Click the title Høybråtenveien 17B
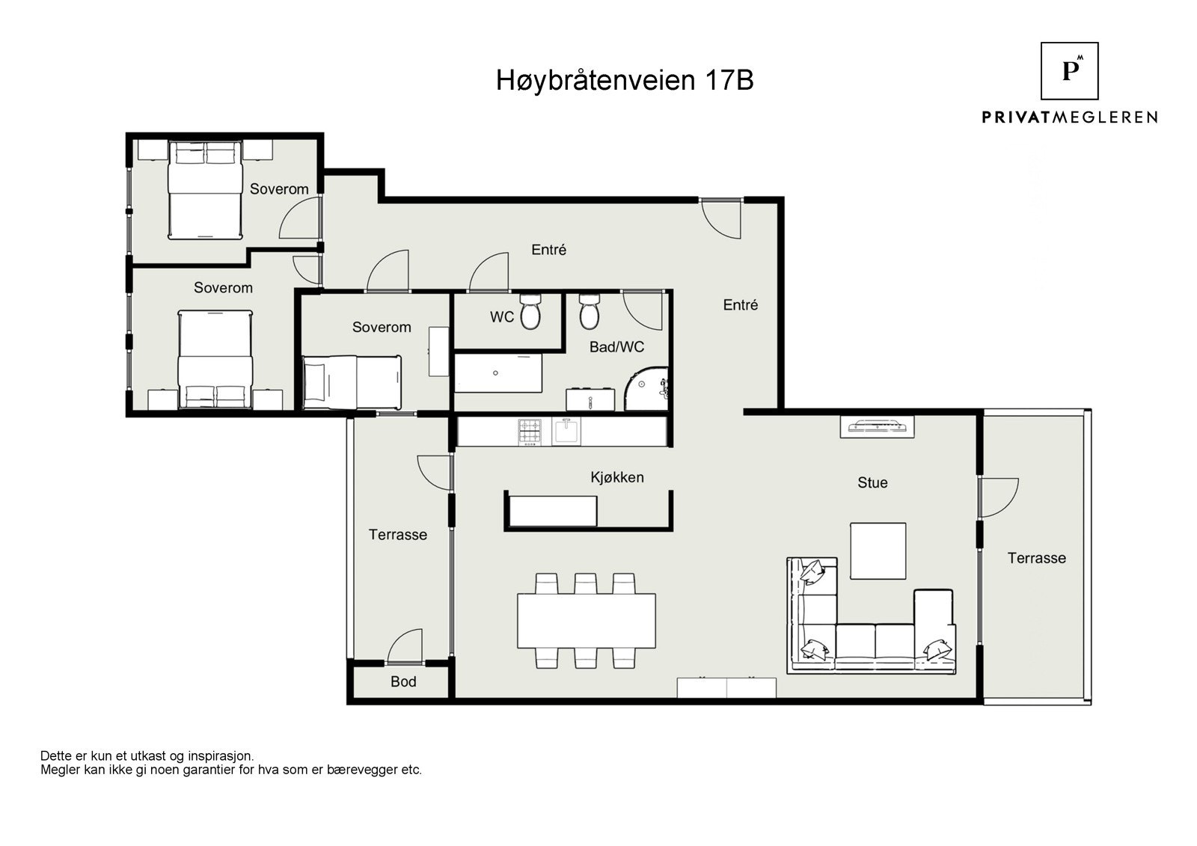(x=625, y=80)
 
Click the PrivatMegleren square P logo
(x=1070, y=71)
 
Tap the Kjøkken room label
(x=616, y=477)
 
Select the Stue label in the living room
(x=872, y=482)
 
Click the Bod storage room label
(x=403, y=681)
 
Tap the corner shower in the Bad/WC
(x=646, y=390)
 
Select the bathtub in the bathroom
(x=498, y=373)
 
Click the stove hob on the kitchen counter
(x=530, y=432)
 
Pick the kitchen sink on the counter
(x=566, y=432)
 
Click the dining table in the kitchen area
(x=586, y=620)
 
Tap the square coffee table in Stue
(x=878, y=551)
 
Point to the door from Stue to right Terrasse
(x=997, y=497)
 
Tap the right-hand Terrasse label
(x=1036, y=558)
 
